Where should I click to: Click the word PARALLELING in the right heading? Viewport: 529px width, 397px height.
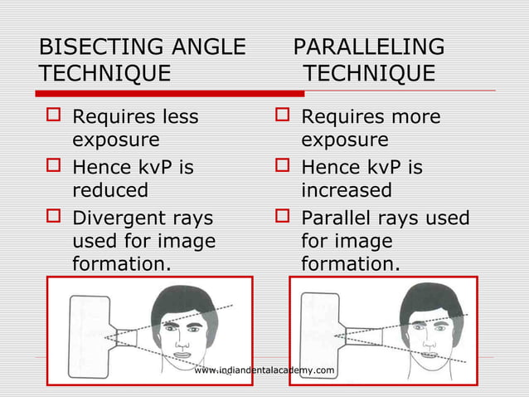tap(369, 47)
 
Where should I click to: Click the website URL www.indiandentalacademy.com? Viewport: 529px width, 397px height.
tap(264, 370)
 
